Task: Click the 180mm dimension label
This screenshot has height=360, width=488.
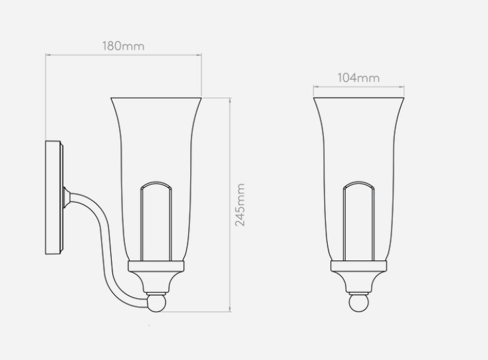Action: click(x=124, y=46)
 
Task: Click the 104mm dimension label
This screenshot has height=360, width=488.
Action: click(x=358, y=78)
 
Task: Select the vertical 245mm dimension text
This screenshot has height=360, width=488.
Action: click(x=239, y=205)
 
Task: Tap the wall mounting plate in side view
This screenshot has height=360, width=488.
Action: click(x=54, y=197)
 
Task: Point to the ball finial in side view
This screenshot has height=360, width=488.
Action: click(x=156, y=303)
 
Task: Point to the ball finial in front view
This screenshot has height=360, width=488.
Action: click(x=358, y=303)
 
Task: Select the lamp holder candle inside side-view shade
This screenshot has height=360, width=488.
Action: click(x=156, y=221)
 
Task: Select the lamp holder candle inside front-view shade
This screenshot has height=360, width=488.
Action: click(x=358, y=221)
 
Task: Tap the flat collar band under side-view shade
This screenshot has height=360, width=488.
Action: click(x=156, y=266)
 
